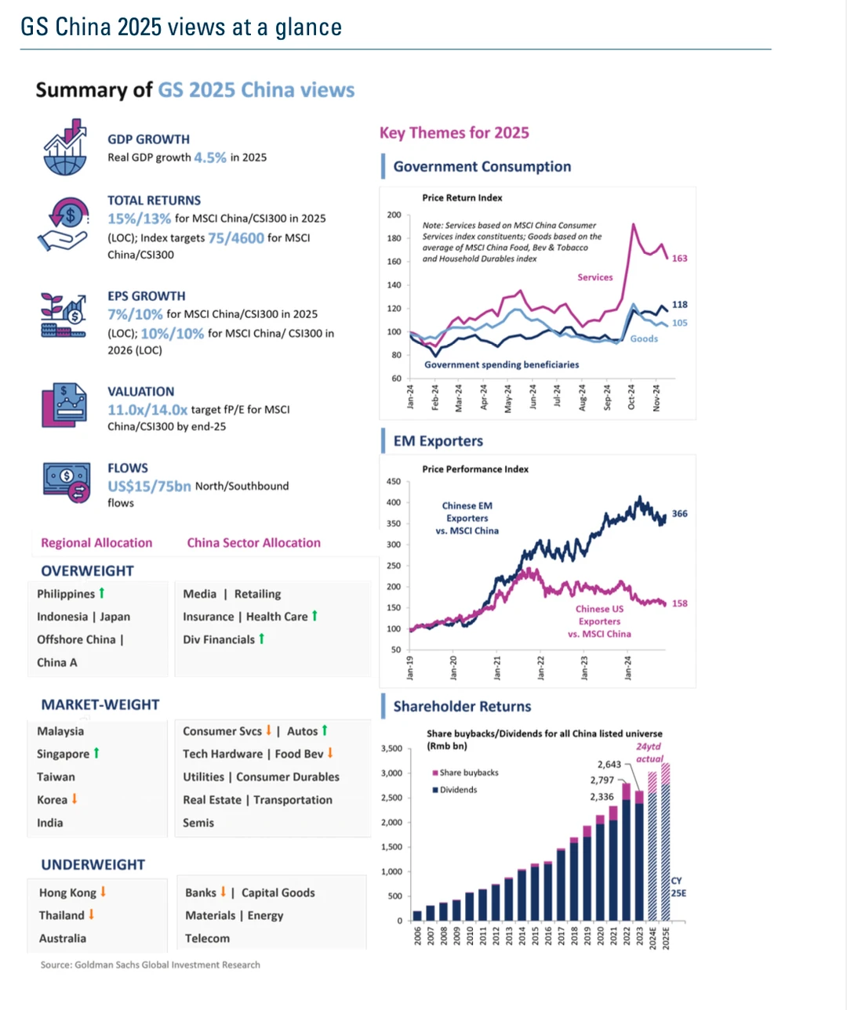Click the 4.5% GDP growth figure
(209, 157)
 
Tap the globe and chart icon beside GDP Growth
(65, 147)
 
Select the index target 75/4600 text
(236, 238)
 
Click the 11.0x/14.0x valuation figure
(147, 410)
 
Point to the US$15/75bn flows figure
(149, 486)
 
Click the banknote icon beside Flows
(67, 482)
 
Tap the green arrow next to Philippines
(102, 592)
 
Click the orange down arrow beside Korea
(75, 798)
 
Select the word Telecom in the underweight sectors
(207, 939)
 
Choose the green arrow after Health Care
(314, 615)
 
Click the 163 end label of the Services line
(679, 259)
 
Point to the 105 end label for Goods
(679, 323)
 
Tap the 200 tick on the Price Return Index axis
(394, 214)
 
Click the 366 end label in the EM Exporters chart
(679, 514)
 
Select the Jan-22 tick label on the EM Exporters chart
(540, 668)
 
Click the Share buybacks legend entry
(465, 773)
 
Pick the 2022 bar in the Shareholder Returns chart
(626, 852)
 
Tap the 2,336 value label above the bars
(602, 797)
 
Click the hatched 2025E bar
(665, 842)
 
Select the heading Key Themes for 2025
(454, 133)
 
